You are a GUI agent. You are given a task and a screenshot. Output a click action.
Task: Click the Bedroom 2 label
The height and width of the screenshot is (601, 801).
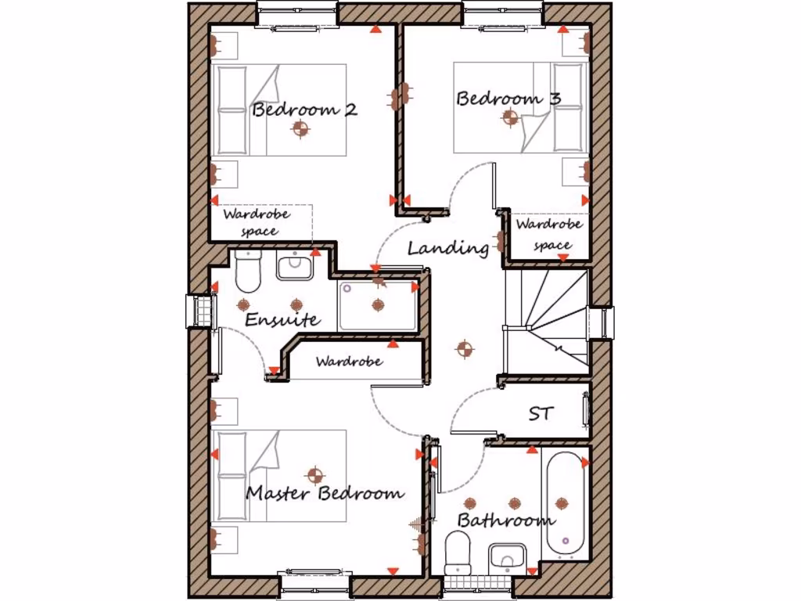point(304,110)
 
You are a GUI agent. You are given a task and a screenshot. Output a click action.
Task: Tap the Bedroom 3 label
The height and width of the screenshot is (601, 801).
point(508,99)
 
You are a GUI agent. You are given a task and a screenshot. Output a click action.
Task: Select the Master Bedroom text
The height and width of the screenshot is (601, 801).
point(325,493)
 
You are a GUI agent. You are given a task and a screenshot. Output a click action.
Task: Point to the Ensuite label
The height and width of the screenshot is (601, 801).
point(282,319)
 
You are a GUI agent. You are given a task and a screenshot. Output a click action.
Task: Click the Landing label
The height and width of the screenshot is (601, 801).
point(448,248)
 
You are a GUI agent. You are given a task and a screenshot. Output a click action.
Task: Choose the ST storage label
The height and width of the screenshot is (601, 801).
point(541,413)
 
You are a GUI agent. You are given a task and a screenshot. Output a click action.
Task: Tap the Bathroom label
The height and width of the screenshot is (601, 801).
point(506,520)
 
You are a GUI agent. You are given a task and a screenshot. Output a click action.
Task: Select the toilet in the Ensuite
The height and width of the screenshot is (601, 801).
point(248,269)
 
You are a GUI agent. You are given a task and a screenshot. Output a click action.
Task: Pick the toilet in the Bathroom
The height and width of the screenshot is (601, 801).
point(457,551)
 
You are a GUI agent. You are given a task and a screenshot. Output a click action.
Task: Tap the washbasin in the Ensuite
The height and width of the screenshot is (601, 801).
point(295,266)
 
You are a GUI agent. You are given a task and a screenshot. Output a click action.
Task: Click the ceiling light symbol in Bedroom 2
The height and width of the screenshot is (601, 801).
point(301,129)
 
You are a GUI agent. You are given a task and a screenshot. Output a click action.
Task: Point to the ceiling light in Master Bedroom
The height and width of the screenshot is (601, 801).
point(314,474)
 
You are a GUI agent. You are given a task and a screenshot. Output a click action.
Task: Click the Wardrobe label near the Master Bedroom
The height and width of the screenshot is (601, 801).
point(349,362)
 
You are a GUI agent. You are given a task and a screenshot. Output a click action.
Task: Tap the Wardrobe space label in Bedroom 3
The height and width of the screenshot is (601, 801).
point(551,234)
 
